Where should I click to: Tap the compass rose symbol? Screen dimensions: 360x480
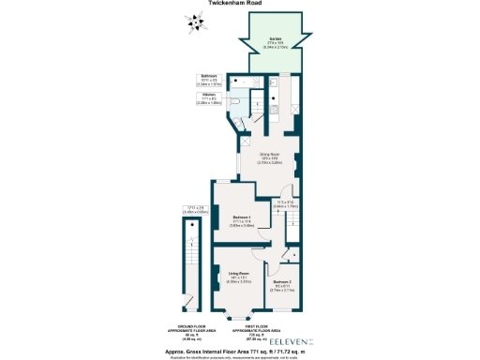(x=194, y=22)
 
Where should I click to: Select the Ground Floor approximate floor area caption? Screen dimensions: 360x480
(x=192, y=334)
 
